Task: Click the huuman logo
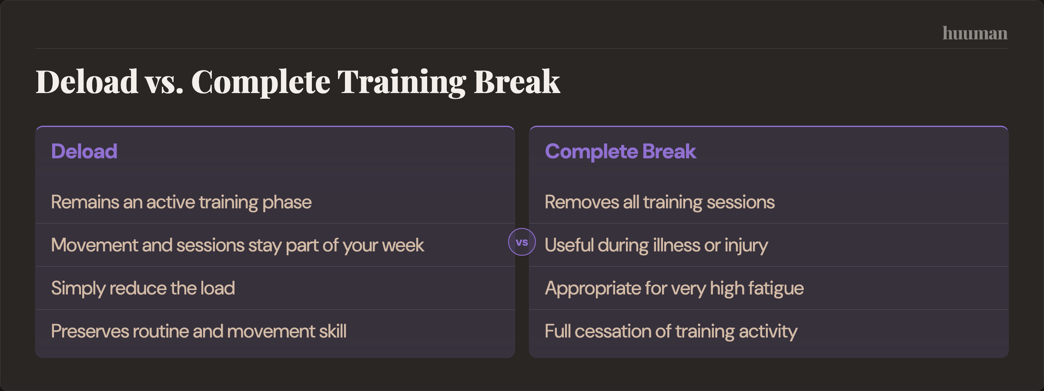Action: (x=975, y=33)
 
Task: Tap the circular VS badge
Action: (x=522, y=242)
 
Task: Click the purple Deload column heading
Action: (x=84, y=151)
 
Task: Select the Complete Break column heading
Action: (x=620, y=151)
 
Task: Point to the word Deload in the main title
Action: (x=87, y=82)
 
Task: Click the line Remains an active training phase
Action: (x=181, y=202)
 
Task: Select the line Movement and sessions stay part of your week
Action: (x=237, y=245)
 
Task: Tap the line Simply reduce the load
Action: (x=143, y=288)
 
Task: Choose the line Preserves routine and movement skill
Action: (x=198, y=331)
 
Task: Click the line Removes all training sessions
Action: (x=659, y=202)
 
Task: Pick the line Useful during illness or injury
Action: (x=656, y=245)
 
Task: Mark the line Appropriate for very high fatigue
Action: (x=674, y=288)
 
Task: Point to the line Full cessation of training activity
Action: (x=671, y=331)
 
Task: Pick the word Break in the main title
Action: (x=516, y=82)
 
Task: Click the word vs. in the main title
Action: (x=164, y=82)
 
